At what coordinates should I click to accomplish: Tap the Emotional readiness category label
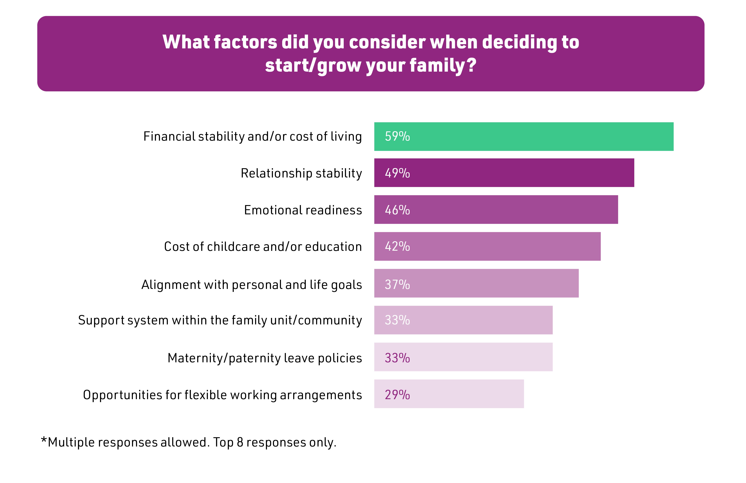[x=303, y=210]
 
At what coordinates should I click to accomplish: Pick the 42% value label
[x=397, y=246]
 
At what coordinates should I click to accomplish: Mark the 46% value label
[x=397, y=210]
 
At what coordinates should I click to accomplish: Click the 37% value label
[x=397, y=284]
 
